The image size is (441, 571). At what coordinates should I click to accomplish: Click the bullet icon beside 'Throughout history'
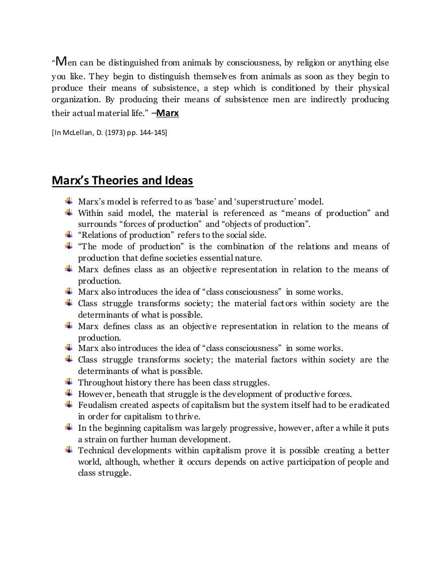pos(69,381)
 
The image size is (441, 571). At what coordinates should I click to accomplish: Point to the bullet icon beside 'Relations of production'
pos(69,235)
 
